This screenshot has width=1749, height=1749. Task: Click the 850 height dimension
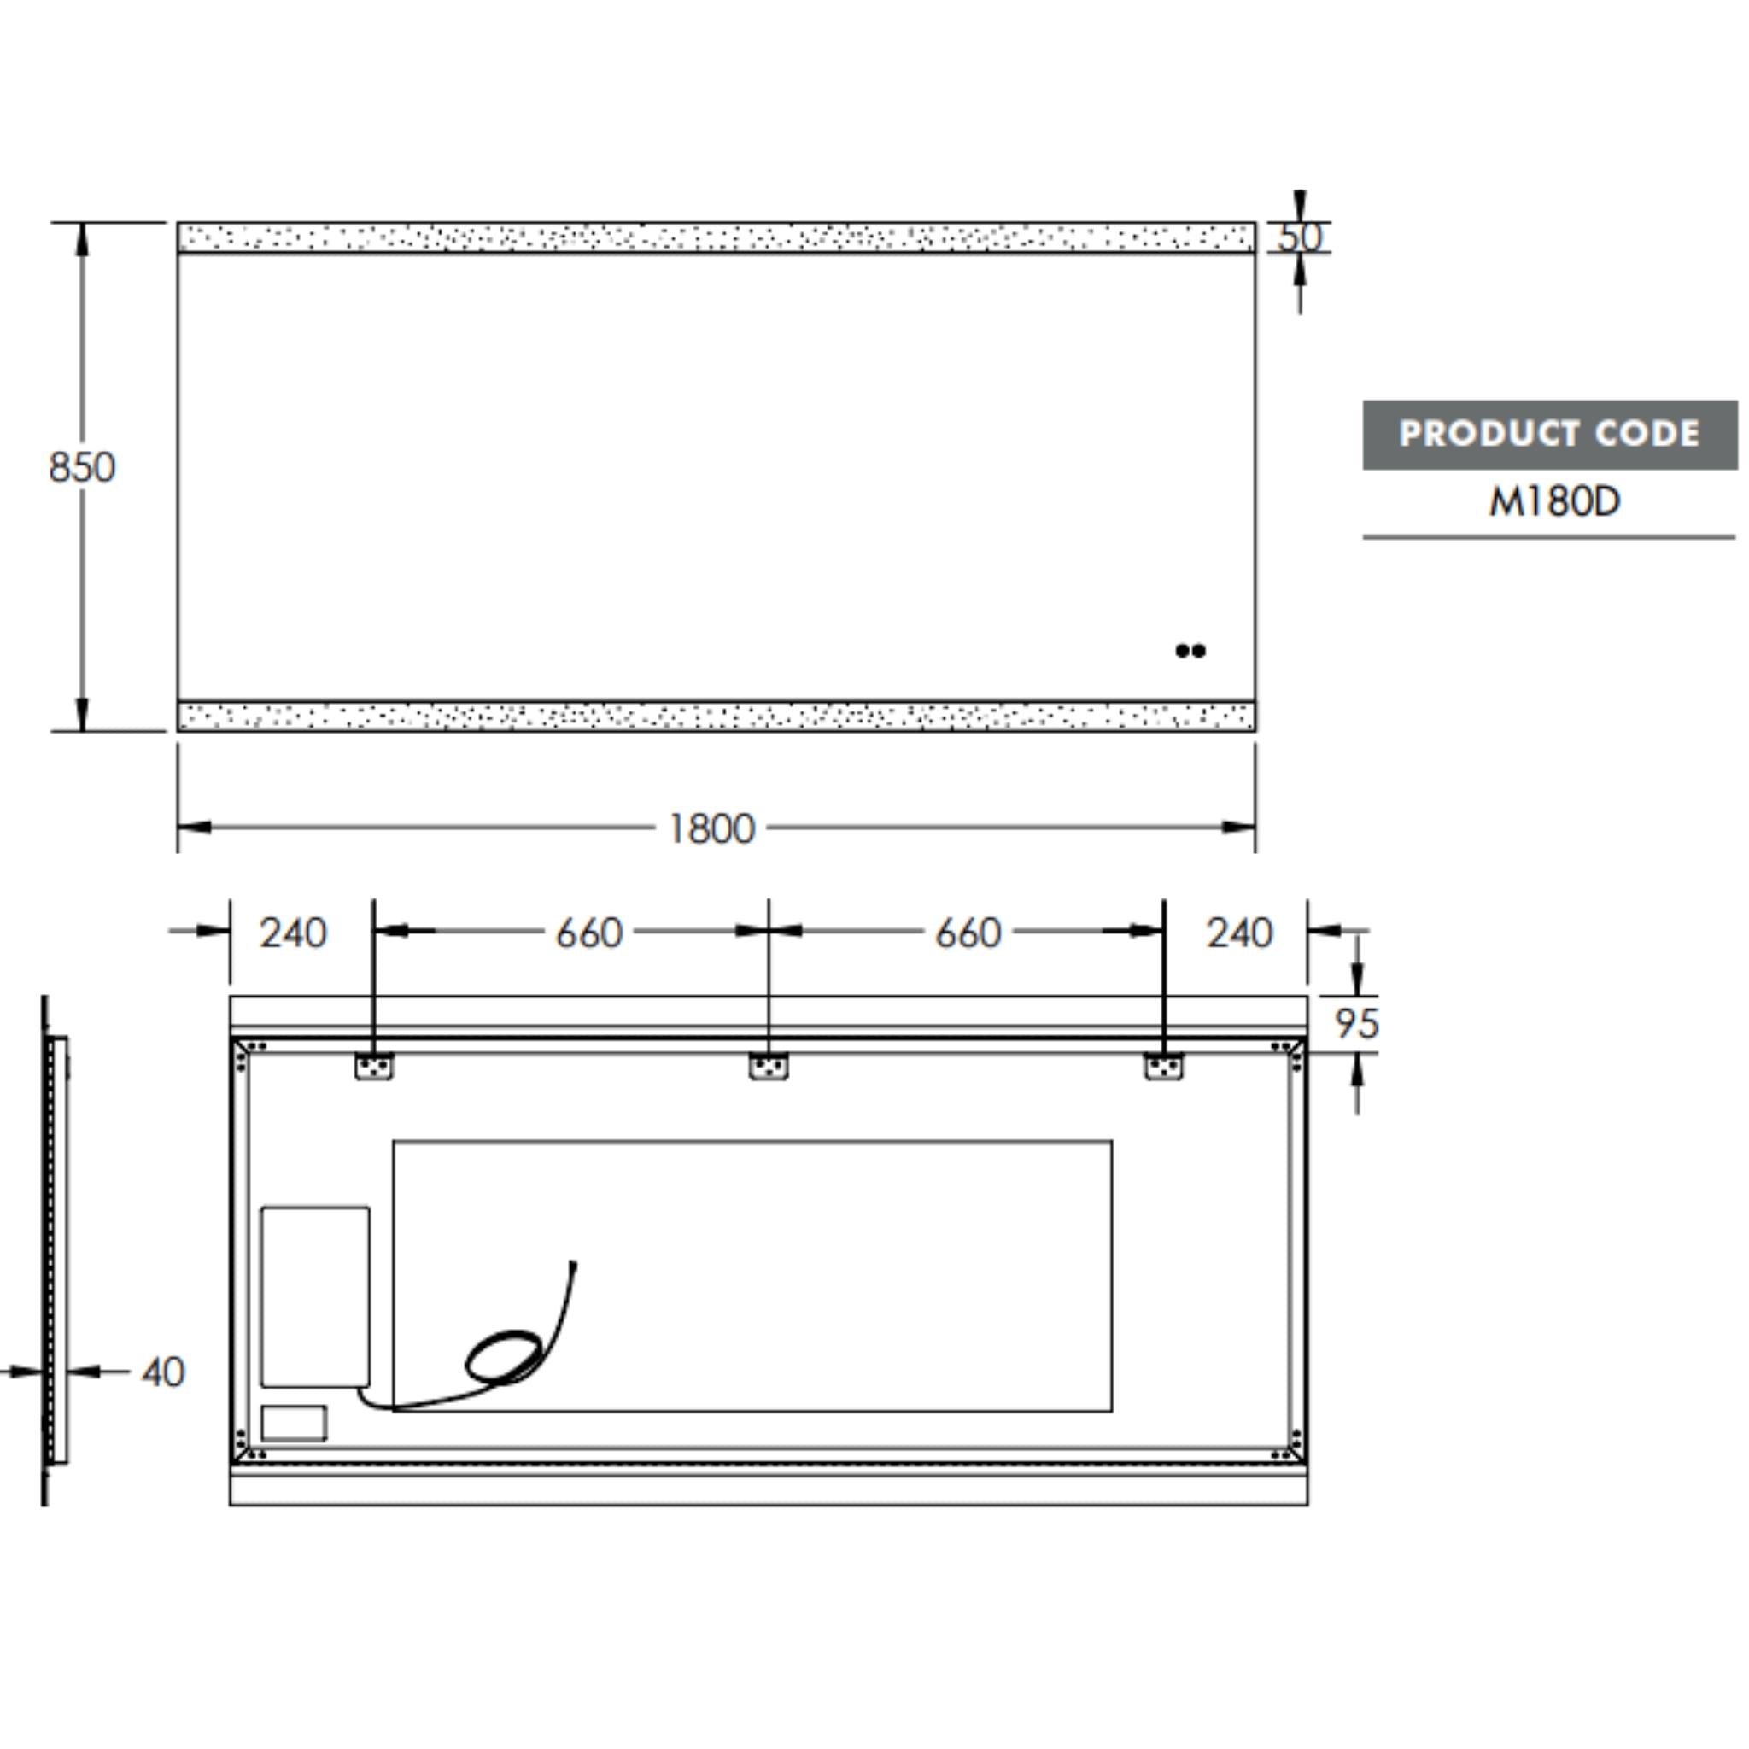click(x=81, y=468)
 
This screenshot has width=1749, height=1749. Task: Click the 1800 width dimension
click(x=711, y=828)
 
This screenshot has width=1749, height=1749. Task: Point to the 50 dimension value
click(x=1300, y=237)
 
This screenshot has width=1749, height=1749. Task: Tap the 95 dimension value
click(x=1356, y=1024)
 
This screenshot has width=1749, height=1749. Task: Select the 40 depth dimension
click(x=163, y=1372)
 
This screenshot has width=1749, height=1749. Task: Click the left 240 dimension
click(x=292, y=933)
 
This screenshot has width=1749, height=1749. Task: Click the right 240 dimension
click(x=1239, y=933)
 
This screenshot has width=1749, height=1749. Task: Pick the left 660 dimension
click(x=588, y=933)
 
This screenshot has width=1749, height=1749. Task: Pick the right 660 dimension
click(x=968, y=933)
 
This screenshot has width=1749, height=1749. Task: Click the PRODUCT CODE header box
click(x=1549, y=435)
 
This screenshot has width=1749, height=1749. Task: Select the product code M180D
click(x=1553, y=501)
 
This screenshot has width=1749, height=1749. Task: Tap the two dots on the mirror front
click(x=1190, y=650)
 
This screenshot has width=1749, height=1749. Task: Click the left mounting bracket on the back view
click(x=373, y=1067)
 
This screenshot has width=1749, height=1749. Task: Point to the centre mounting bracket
click(x=768, y=1067)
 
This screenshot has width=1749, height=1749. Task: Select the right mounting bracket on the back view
click(x=1163, y=1067)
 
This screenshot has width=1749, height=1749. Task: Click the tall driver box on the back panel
click(x=315, y=1296)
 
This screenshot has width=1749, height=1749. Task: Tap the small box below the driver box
click(x=293, y=1423)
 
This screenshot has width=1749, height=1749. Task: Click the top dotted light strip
click(x=715, y=237)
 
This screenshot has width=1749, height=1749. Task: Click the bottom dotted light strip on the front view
click(x=715, y=716)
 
